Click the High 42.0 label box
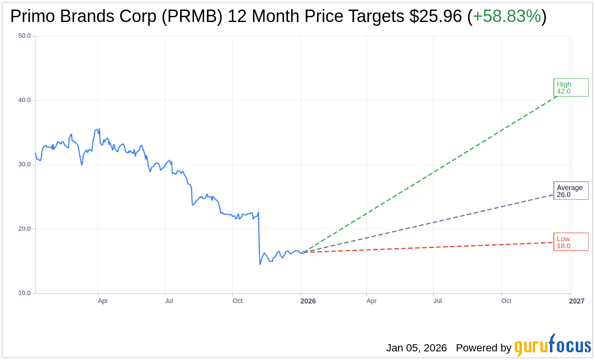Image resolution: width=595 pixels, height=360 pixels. pos(571,88)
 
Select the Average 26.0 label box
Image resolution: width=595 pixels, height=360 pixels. pos(571,191)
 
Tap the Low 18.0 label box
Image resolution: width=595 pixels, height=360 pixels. pos(571,242)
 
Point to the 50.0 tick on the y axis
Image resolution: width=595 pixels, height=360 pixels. pos(24,36)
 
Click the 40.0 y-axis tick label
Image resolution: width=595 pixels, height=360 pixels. pos(24,100)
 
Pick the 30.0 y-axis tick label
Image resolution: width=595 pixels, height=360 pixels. pos(24,165)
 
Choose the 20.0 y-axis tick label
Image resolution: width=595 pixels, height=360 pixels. pos(24,229)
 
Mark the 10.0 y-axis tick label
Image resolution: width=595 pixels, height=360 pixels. pos(24,293)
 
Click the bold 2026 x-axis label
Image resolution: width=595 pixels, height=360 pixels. pos(308,301)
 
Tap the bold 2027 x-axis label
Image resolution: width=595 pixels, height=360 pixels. pos(577,301)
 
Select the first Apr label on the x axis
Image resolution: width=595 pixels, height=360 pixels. pos(103,301)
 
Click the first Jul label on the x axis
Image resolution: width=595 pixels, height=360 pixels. pos(169,301)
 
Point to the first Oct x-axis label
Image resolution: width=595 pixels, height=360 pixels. pos(238,301)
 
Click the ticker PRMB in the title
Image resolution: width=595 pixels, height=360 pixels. pos(192,16)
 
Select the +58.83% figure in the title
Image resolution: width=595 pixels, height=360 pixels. pos(507,16)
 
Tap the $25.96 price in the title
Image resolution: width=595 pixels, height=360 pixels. pos(435,16)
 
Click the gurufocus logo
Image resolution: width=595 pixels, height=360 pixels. pos(552,346)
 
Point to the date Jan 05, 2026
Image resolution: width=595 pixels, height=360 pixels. pos(416,348)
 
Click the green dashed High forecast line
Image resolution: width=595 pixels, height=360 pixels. pos(431,173)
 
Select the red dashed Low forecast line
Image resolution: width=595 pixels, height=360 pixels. pos(431,247)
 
